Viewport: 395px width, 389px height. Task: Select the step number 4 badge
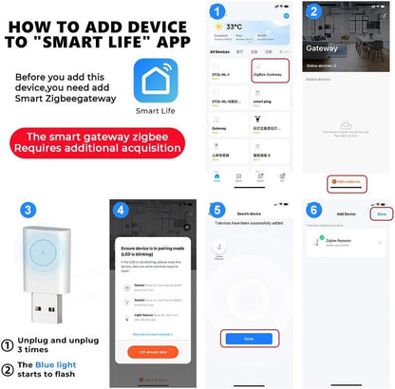click(x=121, y=210)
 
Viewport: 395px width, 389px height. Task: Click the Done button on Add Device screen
click(x=380, y=213)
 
